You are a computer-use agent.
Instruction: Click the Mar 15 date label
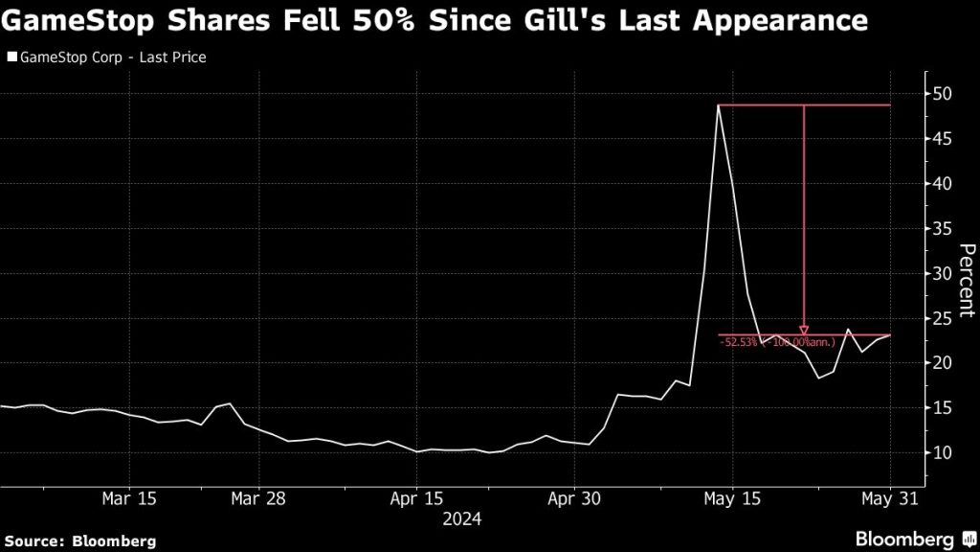point(127,498)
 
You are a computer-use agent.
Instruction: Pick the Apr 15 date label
point(416,498)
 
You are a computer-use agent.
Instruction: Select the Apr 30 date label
point(572,498)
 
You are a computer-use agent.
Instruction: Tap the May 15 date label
point(731,498)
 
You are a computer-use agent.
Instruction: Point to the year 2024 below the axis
point(461,519)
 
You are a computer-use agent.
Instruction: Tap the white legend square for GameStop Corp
point(11,57)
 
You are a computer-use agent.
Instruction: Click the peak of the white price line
point(718,104)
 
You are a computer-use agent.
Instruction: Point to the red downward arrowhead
point(804,330)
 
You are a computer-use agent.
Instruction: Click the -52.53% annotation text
point(739,341)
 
